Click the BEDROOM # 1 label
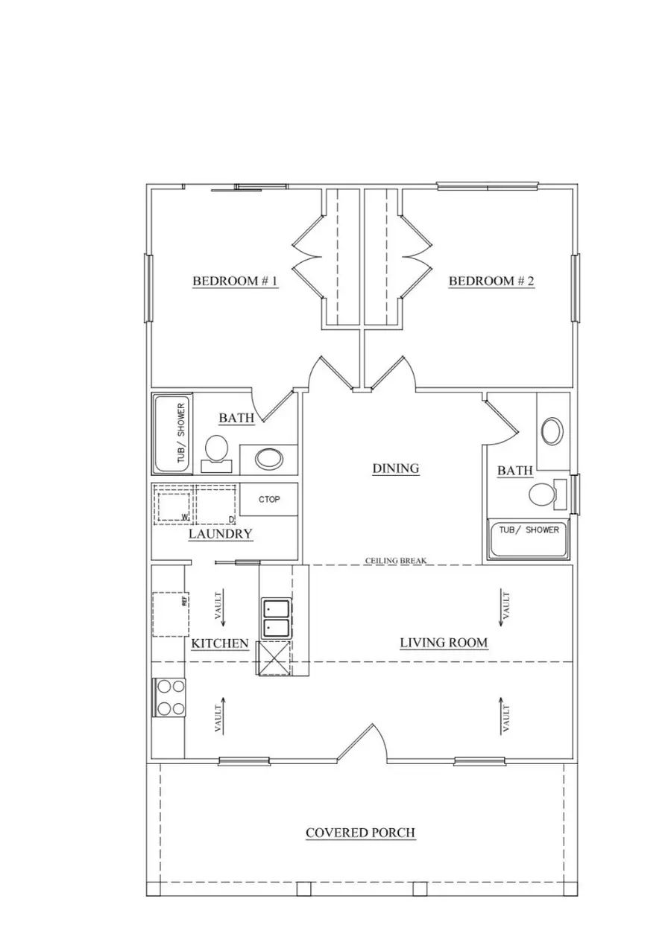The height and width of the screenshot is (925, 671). click(x=235, y=282)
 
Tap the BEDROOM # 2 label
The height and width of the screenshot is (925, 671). click(x=491, y=282)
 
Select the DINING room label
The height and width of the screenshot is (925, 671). click(x=395, y=468)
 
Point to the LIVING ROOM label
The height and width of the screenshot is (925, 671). click(x=444, y=643)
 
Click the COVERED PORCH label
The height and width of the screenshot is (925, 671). click(x=360, y=833)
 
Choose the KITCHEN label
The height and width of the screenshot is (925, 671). click(x=220, y=643)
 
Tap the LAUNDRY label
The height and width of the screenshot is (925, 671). click(x=220, y=534)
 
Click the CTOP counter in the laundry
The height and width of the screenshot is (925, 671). click(x=269, y=500)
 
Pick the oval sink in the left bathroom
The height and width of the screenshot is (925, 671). click(x=267, y=458)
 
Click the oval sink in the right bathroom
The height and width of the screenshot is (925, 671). click(x=553, y=431)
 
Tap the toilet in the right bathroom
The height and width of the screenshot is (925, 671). click(x=544, y=493)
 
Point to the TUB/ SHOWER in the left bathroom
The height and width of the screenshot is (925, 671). click(x=173, y=434)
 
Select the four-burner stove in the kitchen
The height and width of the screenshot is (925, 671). click(x=168, y=697)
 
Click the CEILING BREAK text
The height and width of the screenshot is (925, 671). click(x=395, y=560)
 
